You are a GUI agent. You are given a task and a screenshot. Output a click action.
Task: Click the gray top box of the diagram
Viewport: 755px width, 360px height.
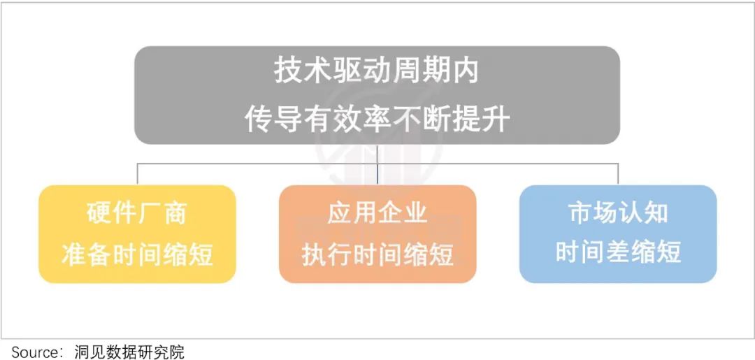pyautogui.click(x=377, y=95)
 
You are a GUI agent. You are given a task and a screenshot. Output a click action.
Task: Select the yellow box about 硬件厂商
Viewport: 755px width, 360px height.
pyautogui.click(x=137, y=234)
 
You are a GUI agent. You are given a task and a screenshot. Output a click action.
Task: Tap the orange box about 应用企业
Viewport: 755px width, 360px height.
pyautogui.click(x=377, y=234)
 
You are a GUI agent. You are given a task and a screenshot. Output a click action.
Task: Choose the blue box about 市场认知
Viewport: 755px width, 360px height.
pyautogui.click(x=618, y=234)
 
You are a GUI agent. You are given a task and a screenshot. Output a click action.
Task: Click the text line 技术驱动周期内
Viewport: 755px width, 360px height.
pyautogui.click(x=377, y=72)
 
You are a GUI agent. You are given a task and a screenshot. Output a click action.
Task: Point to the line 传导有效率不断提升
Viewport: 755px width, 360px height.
pyautogui.click(x=377, y=120)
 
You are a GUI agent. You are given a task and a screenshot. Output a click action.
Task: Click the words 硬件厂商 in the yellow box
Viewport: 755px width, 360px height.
pyautogui.click(x=137, y=213)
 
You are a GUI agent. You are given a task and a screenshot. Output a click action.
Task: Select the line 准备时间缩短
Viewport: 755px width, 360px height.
pyautogui.click(x=137, y=254)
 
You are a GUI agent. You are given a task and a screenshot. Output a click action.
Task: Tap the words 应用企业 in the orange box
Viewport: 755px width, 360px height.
pyautogui.click(x=377, y=213)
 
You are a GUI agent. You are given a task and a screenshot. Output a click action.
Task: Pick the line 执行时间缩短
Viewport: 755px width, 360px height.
pyautogui.click(x=377, y=254)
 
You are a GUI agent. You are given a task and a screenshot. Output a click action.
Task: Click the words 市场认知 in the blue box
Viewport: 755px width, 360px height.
pyautogui.click(x=618, y=213)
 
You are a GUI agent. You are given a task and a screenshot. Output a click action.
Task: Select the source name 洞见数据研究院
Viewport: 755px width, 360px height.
pyautogui.click(x=129, y=352)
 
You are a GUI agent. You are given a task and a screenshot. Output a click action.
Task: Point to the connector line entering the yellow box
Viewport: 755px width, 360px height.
pyautogui.click(x=137, y=174)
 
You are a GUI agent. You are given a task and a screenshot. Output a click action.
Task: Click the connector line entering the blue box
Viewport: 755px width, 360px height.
pyautogui.click(x=618, y=174)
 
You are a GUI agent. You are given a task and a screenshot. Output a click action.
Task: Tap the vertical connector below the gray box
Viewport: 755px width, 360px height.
pyautogui.click(x=377, y=164)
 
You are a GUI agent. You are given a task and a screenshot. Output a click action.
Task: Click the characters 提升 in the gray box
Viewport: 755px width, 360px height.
pyautogui.click(x=484, y=120)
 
